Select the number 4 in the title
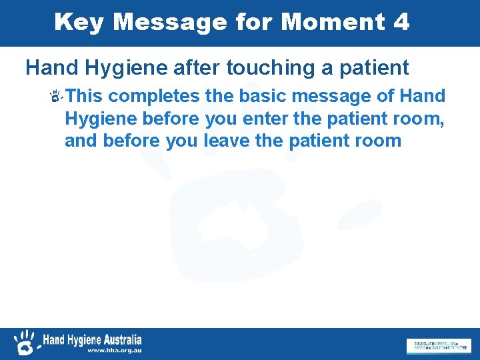pyautogui.click(x=401, y=22)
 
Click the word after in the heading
pyautogui.click(x=199, y=67)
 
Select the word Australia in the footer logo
pyautogui.click(x=123, y=339)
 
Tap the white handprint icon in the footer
pyautogui.click(x=26, y=342)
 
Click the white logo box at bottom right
pyautogui.click(x=438, y=346)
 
